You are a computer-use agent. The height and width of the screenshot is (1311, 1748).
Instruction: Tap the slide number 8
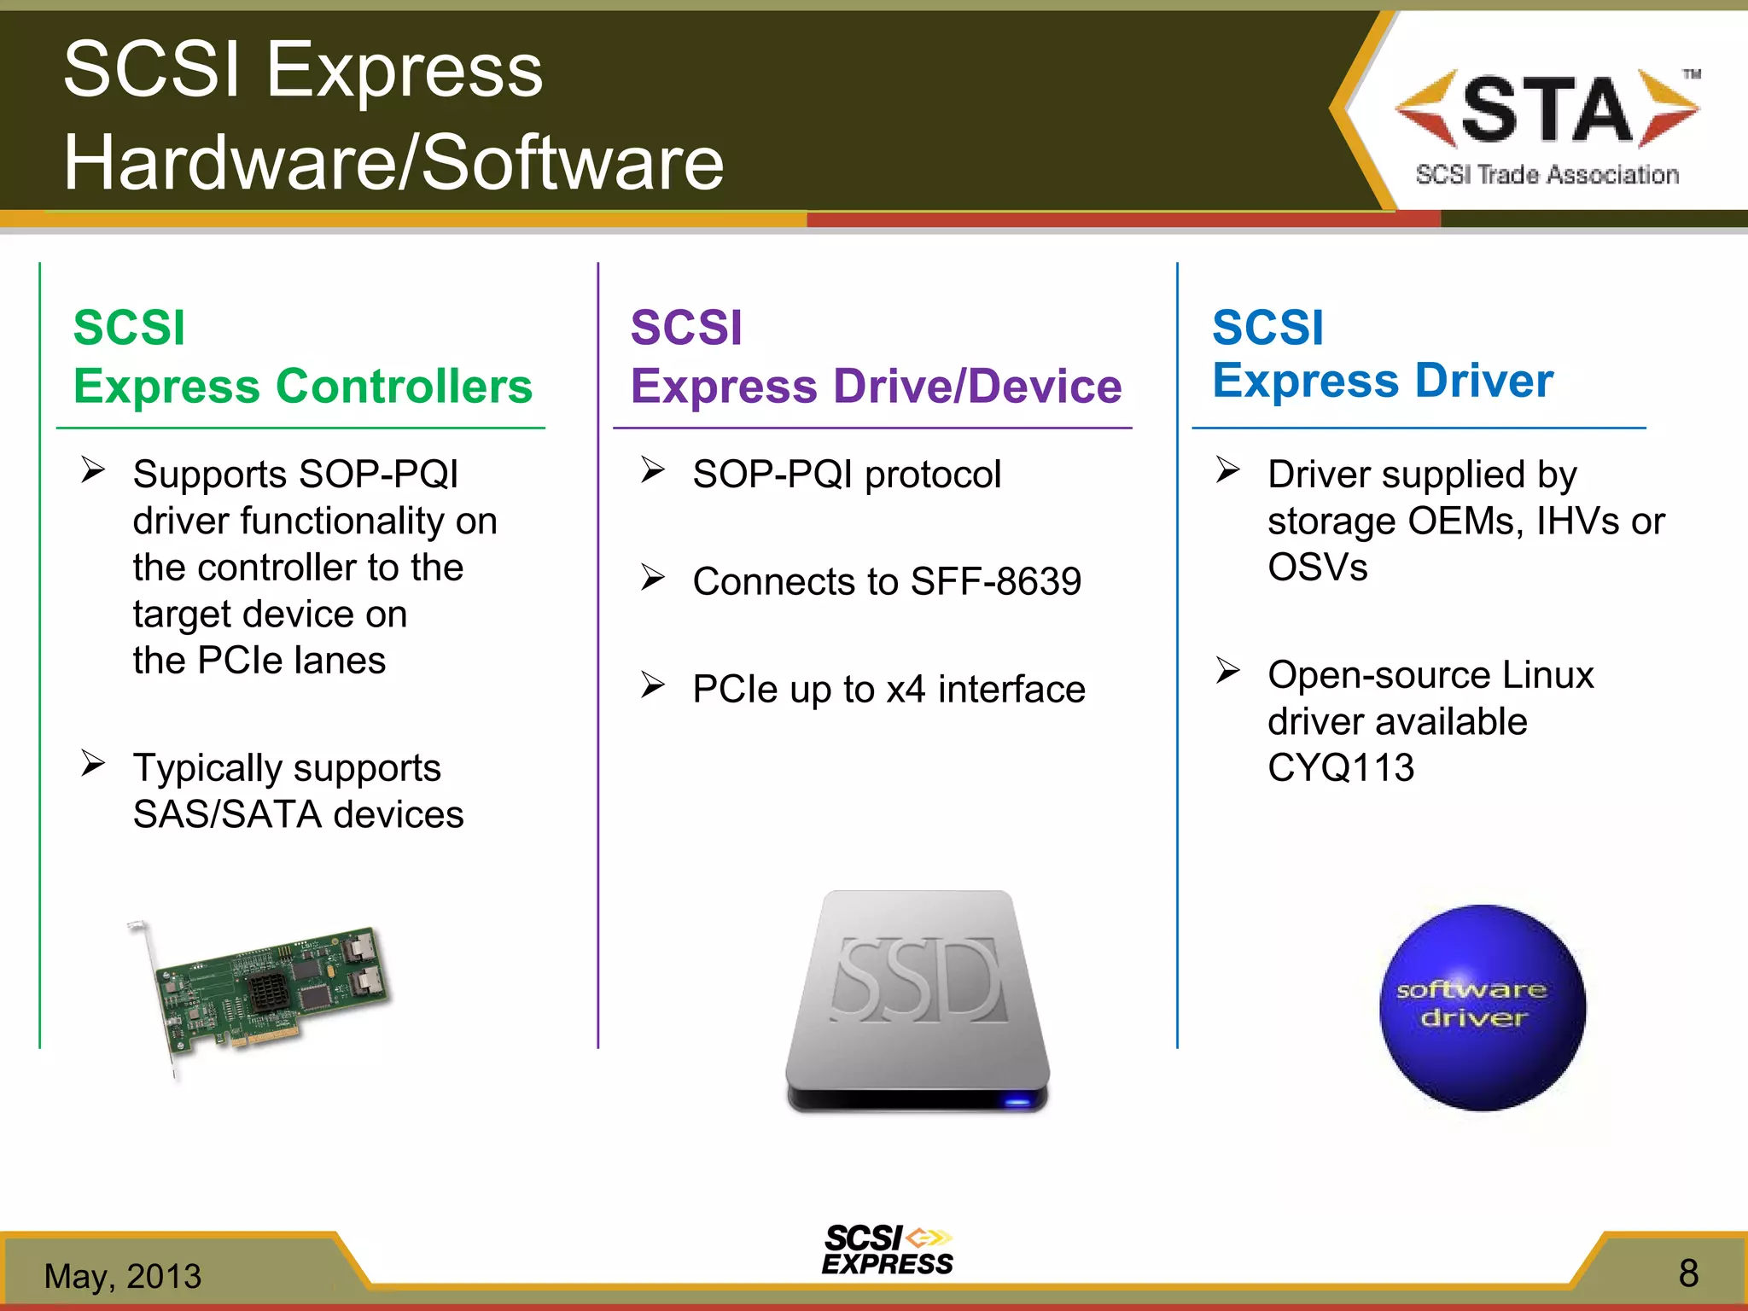click(1688, 1273)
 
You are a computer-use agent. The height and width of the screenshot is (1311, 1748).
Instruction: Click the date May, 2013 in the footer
click(123, 1276)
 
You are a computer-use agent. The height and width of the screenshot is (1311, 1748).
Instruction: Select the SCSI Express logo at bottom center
click(888, 1250)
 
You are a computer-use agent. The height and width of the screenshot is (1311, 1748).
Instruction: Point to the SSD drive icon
click(918, 999)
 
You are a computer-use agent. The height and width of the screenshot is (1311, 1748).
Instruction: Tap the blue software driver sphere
click(1483, 1007)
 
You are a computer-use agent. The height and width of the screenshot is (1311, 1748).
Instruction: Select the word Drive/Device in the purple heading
click(977, 386)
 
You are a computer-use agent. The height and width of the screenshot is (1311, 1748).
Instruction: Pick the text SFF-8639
click(995, 582)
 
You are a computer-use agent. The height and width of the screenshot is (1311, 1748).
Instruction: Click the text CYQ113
click(1341, 767)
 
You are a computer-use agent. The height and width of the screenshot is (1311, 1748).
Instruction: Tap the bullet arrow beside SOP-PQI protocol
click(653, 470)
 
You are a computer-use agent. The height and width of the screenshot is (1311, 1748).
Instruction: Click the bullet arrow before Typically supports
click(93, 763)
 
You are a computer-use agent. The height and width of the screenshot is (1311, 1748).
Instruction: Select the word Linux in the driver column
click(1547, 675)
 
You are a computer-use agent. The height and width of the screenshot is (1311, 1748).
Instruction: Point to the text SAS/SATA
click(227, 814)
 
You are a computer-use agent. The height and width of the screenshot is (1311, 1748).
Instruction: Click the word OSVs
click(1317, 568)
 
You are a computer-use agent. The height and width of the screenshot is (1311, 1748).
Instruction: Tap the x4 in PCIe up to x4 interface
click(906, 690)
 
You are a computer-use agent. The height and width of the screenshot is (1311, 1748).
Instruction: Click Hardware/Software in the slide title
click(393, 162)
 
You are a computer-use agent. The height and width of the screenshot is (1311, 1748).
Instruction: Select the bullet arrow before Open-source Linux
click(1227, 671)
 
